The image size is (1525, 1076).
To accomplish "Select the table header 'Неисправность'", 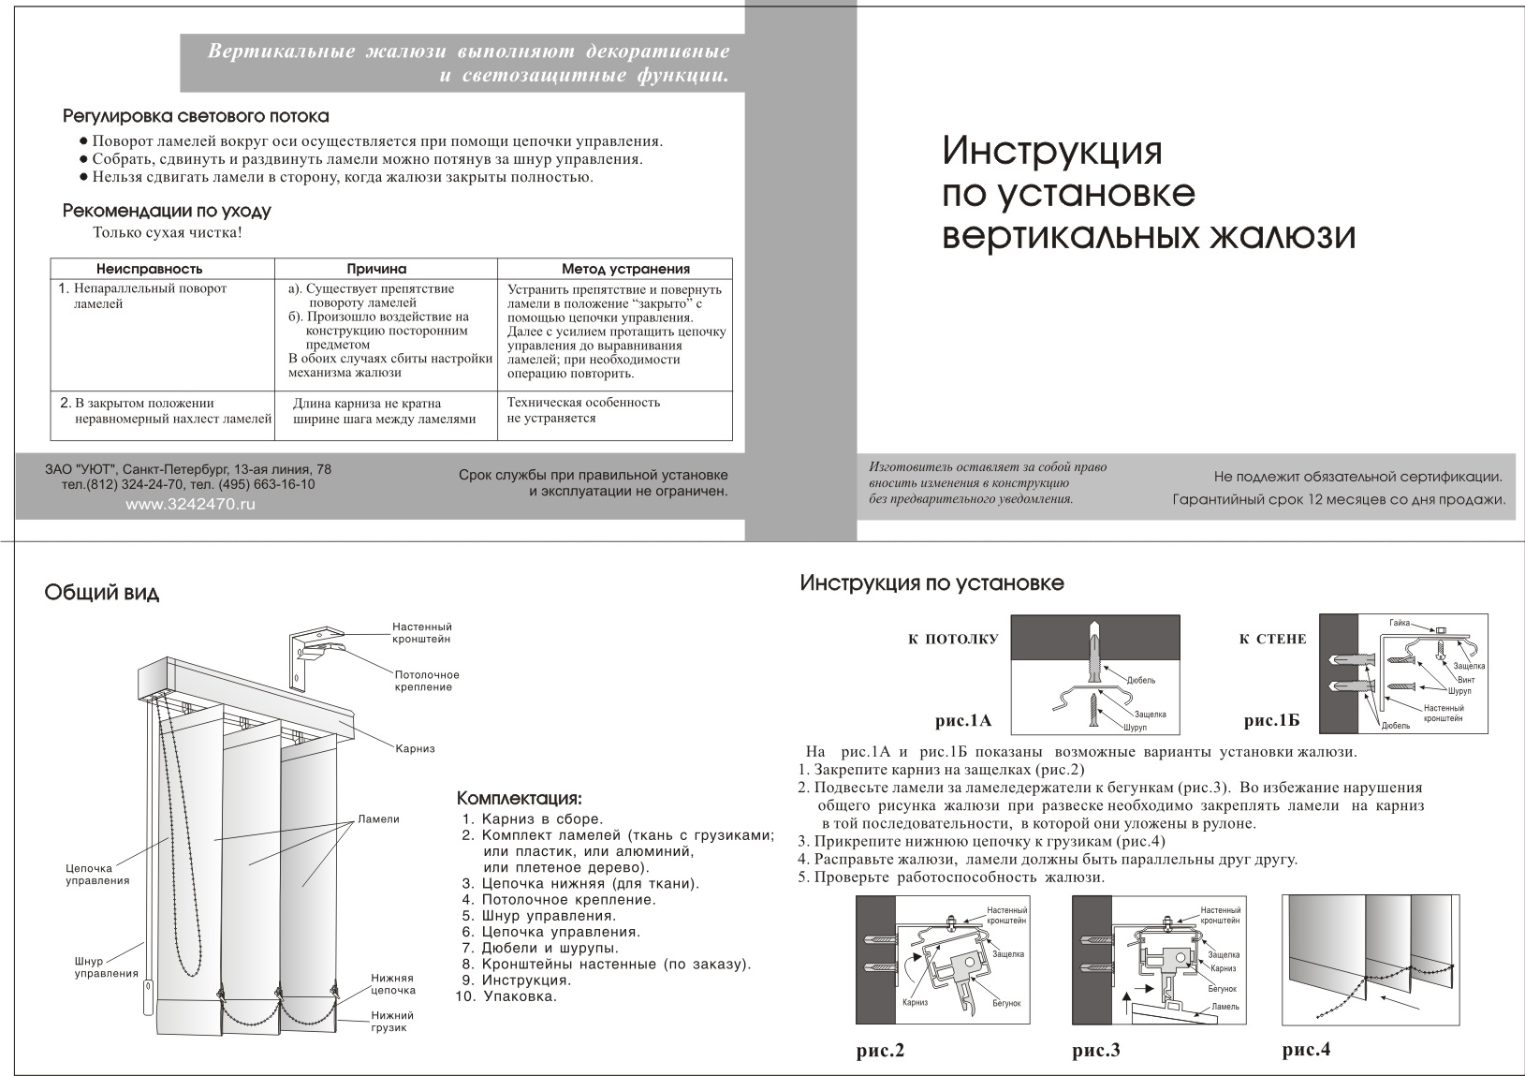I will click(149, 269).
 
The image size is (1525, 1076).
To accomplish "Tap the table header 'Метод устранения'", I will click(625, 269).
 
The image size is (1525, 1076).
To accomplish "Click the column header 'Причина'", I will click(376, 269).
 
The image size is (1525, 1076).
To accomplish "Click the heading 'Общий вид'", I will click(102, 593).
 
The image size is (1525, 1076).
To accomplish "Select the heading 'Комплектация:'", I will click(519, 799).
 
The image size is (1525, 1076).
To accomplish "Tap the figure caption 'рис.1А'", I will click(962, 721).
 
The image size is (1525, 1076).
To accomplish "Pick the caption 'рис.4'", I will click(1306, 1050).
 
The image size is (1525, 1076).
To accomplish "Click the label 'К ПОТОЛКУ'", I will click(952, 640).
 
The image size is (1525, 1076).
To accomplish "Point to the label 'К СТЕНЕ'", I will click(1272, 640).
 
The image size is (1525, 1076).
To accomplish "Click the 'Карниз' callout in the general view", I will click(415, 749).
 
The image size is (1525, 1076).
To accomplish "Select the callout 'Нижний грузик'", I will click(392, 1022).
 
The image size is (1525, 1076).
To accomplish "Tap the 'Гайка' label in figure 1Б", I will click(1399, 623).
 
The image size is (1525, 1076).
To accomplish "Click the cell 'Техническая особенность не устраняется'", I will click(583, 410).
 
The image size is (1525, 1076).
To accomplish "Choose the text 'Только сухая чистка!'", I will click(168, 232).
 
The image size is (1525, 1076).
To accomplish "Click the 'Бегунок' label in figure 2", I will click(1005, 1003).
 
